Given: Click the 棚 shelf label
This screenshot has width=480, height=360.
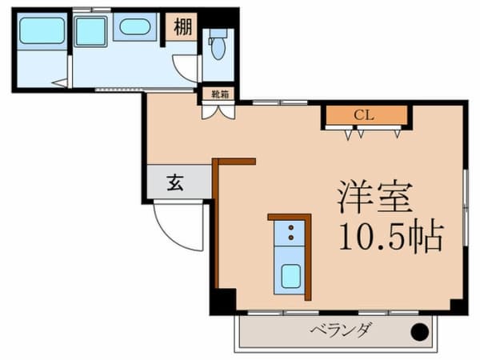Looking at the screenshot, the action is [182, 27].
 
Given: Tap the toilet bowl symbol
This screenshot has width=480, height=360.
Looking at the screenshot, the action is [218, 49].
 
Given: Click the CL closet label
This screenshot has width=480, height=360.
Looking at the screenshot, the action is [364, 115].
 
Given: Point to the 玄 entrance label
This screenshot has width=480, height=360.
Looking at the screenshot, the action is [175, 182].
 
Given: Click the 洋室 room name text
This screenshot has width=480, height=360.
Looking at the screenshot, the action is [375, 197].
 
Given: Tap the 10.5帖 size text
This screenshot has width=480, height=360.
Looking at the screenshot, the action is [391, 236].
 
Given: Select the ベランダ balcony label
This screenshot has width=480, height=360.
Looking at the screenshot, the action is [342, 330].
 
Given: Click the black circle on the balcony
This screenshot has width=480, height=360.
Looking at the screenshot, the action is [420, 332].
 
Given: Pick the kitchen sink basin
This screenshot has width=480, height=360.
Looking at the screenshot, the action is [290, 277].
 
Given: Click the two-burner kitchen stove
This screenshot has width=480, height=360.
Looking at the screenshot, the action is [290, 233].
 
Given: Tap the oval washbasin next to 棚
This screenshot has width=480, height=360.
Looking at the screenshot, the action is [134, 27].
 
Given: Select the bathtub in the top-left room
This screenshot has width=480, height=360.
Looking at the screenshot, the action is [42, 30].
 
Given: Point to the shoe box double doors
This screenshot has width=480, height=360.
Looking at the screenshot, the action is [218, 112].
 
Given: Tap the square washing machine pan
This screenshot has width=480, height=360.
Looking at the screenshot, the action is [90, 32].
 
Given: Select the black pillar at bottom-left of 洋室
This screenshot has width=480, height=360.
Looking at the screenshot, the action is [223, 302].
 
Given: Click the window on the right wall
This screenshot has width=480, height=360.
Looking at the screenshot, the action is [466, 207].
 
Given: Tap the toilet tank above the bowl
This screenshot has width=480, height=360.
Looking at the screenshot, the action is [218, 33].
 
